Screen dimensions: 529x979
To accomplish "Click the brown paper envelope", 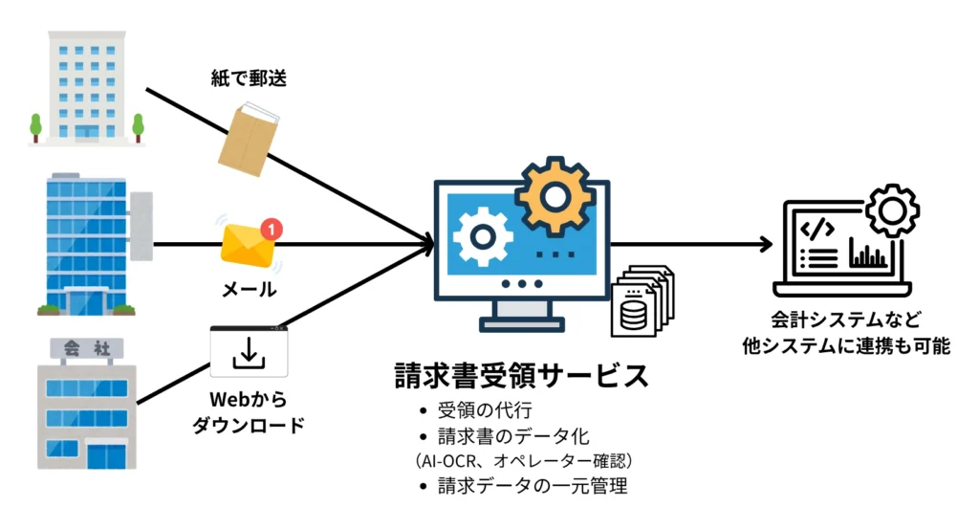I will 246,142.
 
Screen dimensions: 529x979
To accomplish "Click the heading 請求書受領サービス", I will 521,374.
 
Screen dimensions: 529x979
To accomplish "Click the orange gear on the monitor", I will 555,196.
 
